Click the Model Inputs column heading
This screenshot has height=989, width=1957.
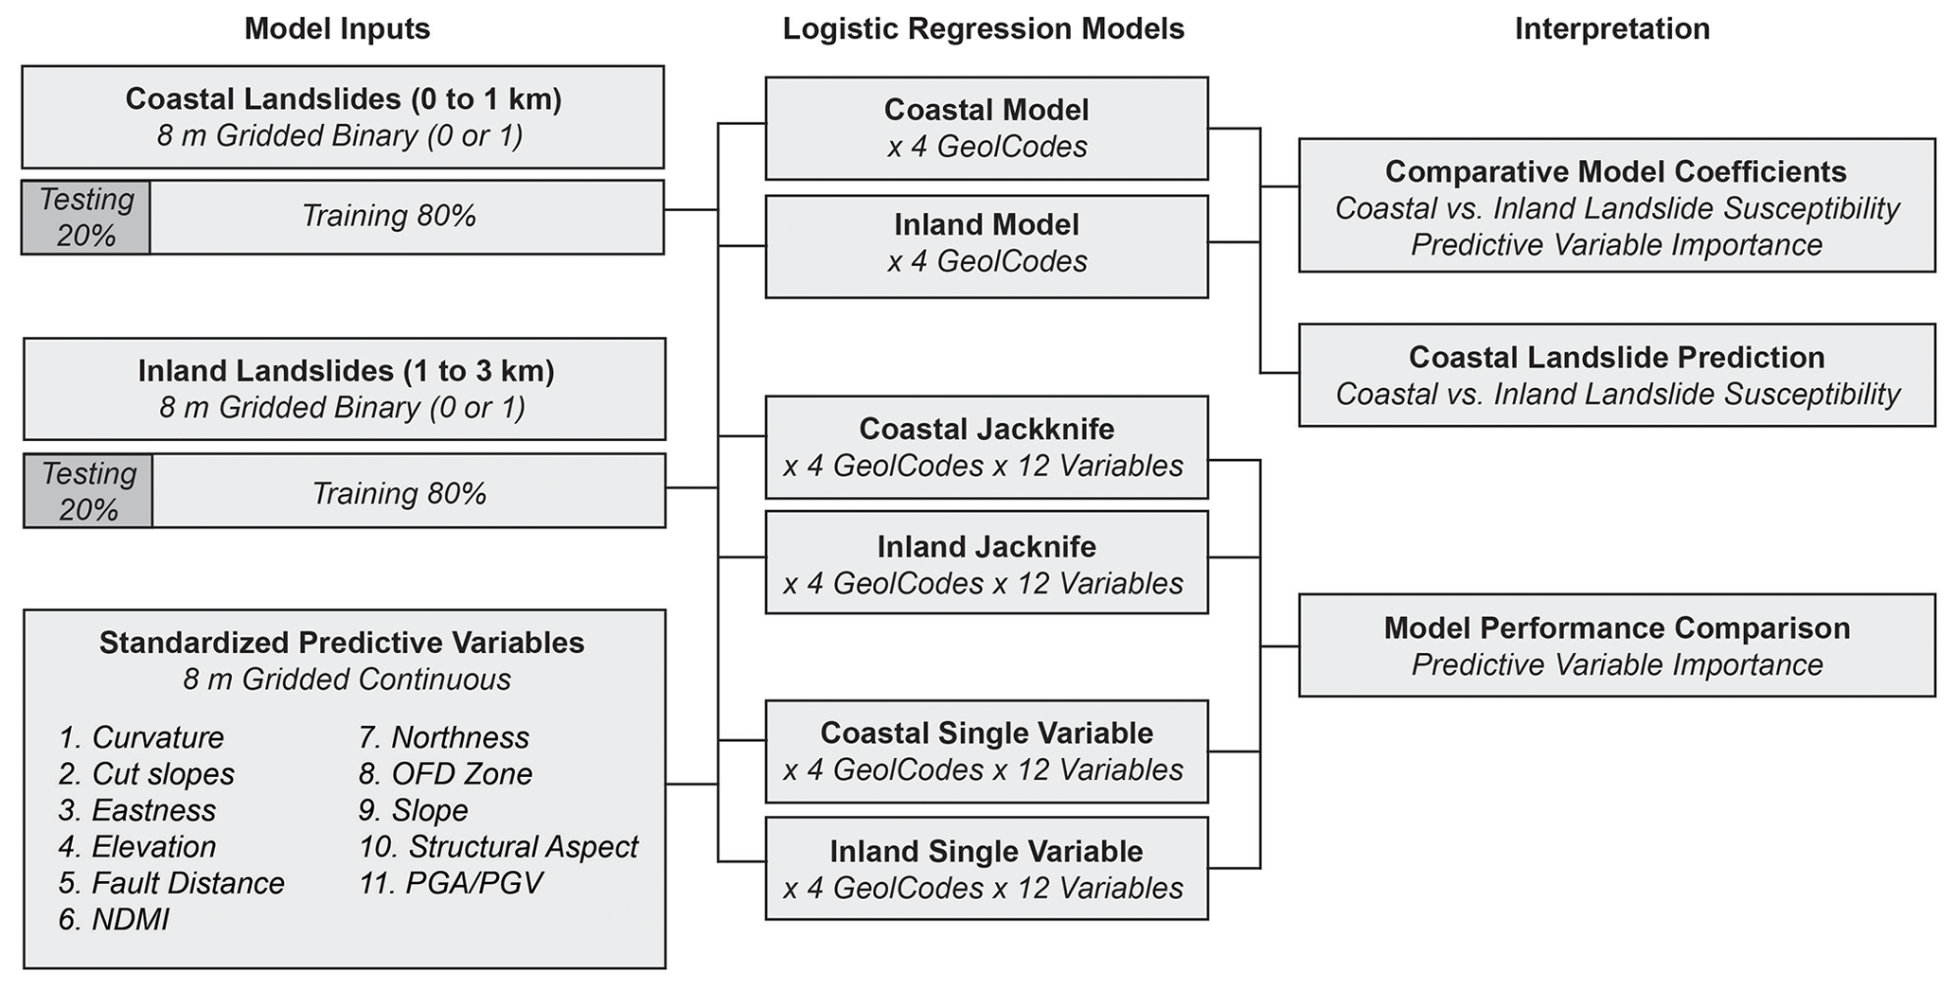(x=337, y=29)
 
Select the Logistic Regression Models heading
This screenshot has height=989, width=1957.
(x=984, y=29)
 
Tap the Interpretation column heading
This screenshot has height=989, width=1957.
(x=1612, y=29)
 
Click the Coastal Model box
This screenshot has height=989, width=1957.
(x=987, y=129)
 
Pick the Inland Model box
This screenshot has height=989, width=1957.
(x=987, y=246)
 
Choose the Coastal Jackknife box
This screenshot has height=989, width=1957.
(x=987, y=447)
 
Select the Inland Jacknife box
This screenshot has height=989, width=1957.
(x=987, y=563)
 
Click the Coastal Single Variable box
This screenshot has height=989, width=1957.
(x=987, y=751)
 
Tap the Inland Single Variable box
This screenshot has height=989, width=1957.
(x=987, y=868)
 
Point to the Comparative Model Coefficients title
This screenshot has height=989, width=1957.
(x=1616, y=172)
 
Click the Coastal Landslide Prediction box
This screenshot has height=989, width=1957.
(x=1616, y=375)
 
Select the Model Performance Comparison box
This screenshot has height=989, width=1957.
(x=1616, y=645)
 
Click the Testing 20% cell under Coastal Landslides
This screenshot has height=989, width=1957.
(x=86, y=218)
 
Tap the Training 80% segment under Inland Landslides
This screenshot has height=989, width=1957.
(x=399, y=494)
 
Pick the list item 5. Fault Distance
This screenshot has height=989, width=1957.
(x=171, y=883)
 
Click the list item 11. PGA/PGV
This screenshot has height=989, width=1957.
(x=451, y=883)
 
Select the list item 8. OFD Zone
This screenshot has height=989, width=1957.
(x=445, y=774)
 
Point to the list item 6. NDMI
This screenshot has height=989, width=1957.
(x=114, y=920)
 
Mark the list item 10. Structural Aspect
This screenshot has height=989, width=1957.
(x=498, y=846)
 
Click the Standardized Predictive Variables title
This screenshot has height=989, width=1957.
(x=342, y=644)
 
